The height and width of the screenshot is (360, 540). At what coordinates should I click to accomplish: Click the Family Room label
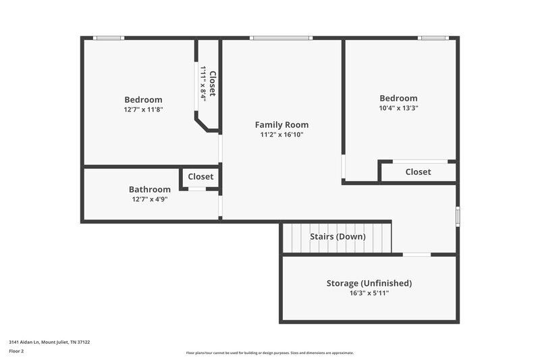(x=281, y=124)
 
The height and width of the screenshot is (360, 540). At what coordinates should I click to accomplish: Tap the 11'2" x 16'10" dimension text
(x=281, y=134)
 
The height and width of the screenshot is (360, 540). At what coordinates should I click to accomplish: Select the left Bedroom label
(x=143, y=99)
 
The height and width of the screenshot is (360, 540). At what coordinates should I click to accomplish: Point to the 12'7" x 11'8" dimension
(x=143, y=109)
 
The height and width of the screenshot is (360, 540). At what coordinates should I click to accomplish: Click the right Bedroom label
(x=398, y=98)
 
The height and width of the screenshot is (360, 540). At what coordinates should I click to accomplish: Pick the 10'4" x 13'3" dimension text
(x=398, y=108)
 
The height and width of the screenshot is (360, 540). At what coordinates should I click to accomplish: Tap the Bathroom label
(x=150, y=189)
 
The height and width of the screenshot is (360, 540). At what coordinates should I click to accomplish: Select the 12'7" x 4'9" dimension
(x=150, y=199)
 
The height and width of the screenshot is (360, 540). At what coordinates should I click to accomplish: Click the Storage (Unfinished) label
(x=369, y=283)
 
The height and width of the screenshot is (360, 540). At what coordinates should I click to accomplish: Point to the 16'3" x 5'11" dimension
(x=369, y=293)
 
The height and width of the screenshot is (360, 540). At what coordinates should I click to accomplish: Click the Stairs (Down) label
(x=337, y=236)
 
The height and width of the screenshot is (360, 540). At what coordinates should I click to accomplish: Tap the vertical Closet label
(x=213, y=84)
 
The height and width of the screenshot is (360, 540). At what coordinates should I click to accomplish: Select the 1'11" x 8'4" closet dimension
(x=203, y=84)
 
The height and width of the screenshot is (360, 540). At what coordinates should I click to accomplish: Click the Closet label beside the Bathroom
(x=200, y=176)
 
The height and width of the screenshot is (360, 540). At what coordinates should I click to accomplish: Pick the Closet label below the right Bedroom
(x=418, y=172)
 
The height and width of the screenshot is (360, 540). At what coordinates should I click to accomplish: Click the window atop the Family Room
(x=281, y=38)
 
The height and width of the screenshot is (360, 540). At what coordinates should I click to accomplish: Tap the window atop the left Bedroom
(x=108, y=38)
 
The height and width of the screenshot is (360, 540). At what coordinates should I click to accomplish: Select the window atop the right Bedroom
(x=433, y=38)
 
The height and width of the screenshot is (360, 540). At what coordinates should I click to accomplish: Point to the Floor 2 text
(x=16, y=351)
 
